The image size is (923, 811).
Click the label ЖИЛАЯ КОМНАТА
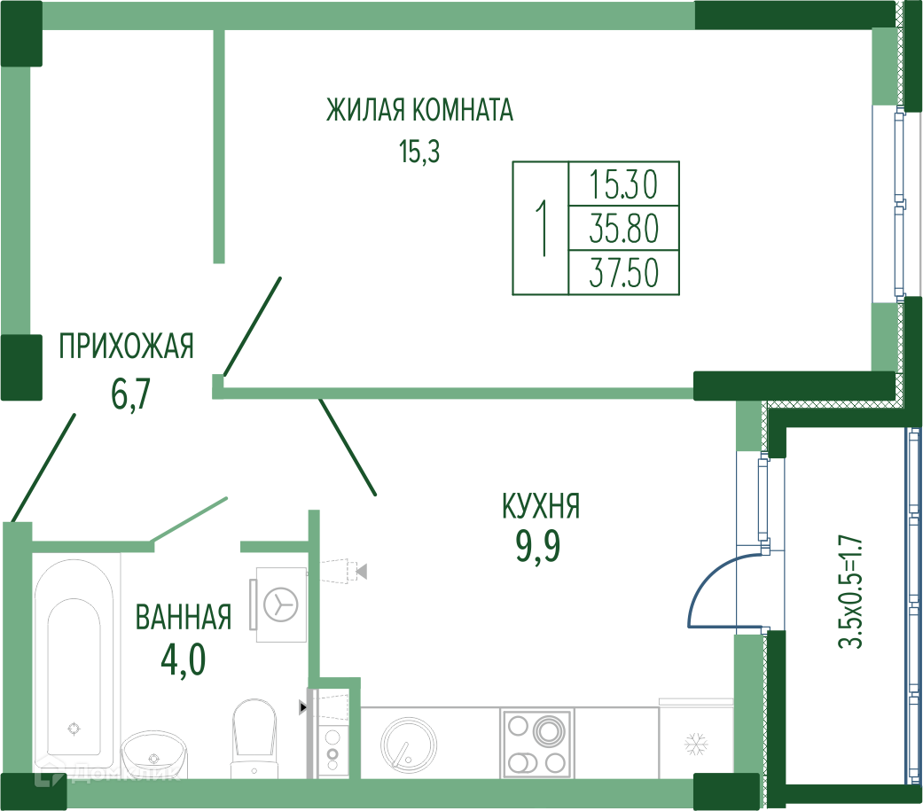coord(419,111)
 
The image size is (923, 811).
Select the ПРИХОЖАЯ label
coord(126,346)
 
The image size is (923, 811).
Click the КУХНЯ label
coord(540,508)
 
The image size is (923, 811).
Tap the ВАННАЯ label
coord(184,617)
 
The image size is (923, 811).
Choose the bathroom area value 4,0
coord(183,659)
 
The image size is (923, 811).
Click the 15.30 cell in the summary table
coord(623,185)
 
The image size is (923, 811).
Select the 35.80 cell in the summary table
coord(623,230)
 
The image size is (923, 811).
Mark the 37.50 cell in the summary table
coord(623,274)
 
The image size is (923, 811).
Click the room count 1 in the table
coord(540,229)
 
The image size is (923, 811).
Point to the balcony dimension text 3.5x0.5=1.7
coord(851,591)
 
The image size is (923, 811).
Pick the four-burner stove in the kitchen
coord(536,743)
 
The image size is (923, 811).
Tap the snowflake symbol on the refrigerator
coord(694,744)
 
